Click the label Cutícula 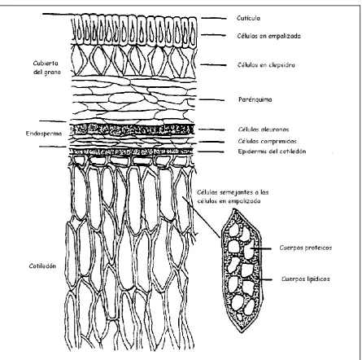click(248, 18)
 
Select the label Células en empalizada click(269, 36)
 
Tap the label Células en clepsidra click(266, 65)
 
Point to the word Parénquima click(255, 99)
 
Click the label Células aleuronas click(264, 130)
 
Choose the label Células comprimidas click(268, 141)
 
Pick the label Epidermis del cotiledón click(272, 151)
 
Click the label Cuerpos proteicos click(306, 248)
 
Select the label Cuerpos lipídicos click(306, 279)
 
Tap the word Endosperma click(44, 134)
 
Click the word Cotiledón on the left click(42, 266)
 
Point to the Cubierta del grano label click(46, 68)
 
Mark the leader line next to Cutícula click(214, 18)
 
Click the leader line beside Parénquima click(212, 100)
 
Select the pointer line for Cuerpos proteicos click(260, 248)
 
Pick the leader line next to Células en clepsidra click(213, 65)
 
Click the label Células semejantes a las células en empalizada click(233, 196)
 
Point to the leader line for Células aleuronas click(212, 130)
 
